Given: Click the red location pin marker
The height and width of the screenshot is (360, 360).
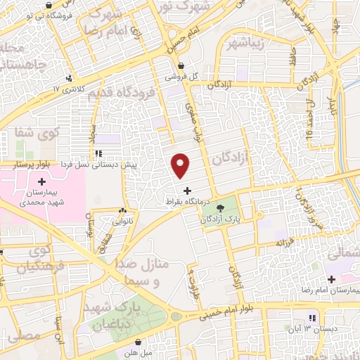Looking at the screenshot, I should point(181,165).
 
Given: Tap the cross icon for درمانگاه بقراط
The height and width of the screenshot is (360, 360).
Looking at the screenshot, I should point(186,191).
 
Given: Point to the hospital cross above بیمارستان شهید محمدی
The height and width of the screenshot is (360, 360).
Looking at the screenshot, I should point(41,182).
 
